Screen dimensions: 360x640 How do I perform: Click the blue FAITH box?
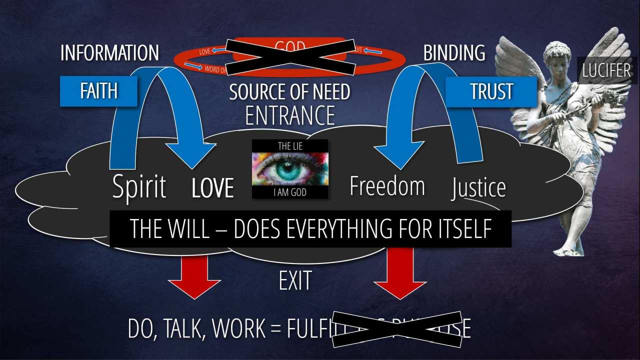(98, 91)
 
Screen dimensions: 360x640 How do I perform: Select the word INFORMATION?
(109, 53)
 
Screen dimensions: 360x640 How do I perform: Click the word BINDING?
(454, 53)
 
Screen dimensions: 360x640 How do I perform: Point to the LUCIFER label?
(606, 70)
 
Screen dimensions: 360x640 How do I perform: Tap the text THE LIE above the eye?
(290, 146)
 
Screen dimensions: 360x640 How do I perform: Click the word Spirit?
(139, 187)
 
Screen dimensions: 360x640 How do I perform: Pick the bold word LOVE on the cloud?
(212, 188)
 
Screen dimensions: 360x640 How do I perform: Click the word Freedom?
(387, 186)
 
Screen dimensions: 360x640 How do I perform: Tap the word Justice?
(478, 188)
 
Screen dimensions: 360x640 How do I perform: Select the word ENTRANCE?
(290, 115)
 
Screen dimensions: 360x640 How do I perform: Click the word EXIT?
(295, 281)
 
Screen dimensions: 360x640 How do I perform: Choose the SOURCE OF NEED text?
(290, 92)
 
